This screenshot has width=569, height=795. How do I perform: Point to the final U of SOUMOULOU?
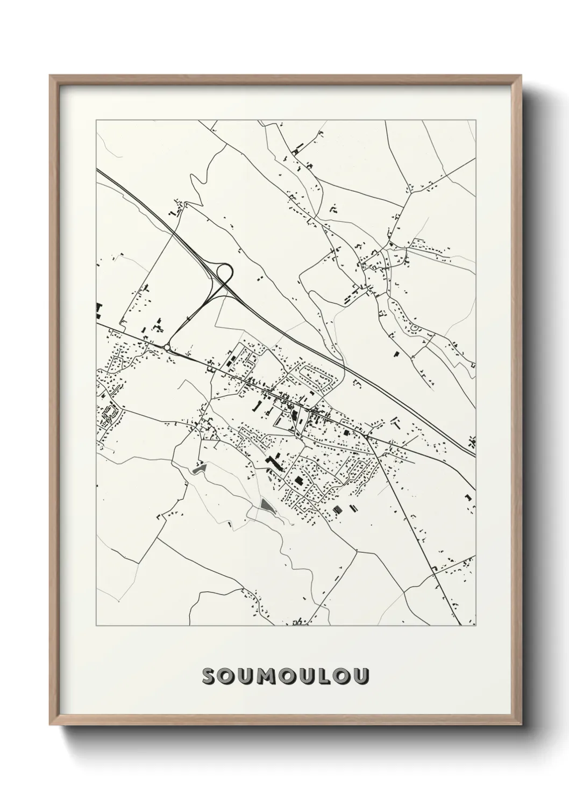[x=362, y=677]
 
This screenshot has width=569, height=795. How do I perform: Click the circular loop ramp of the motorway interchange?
[x=224, y=272]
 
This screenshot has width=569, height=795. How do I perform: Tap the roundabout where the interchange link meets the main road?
[x=168, y=348]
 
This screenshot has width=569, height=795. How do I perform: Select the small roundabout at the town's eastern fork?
[x=369, y=437]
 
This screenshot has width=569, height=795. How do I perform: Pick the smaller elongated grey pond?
[x=199, y=468]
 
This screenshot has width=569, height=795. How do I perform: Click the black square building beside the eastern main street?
[x=346, y=432]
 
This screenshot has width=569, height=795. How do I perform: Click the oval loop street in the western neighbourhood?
[x=109, y=412]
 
